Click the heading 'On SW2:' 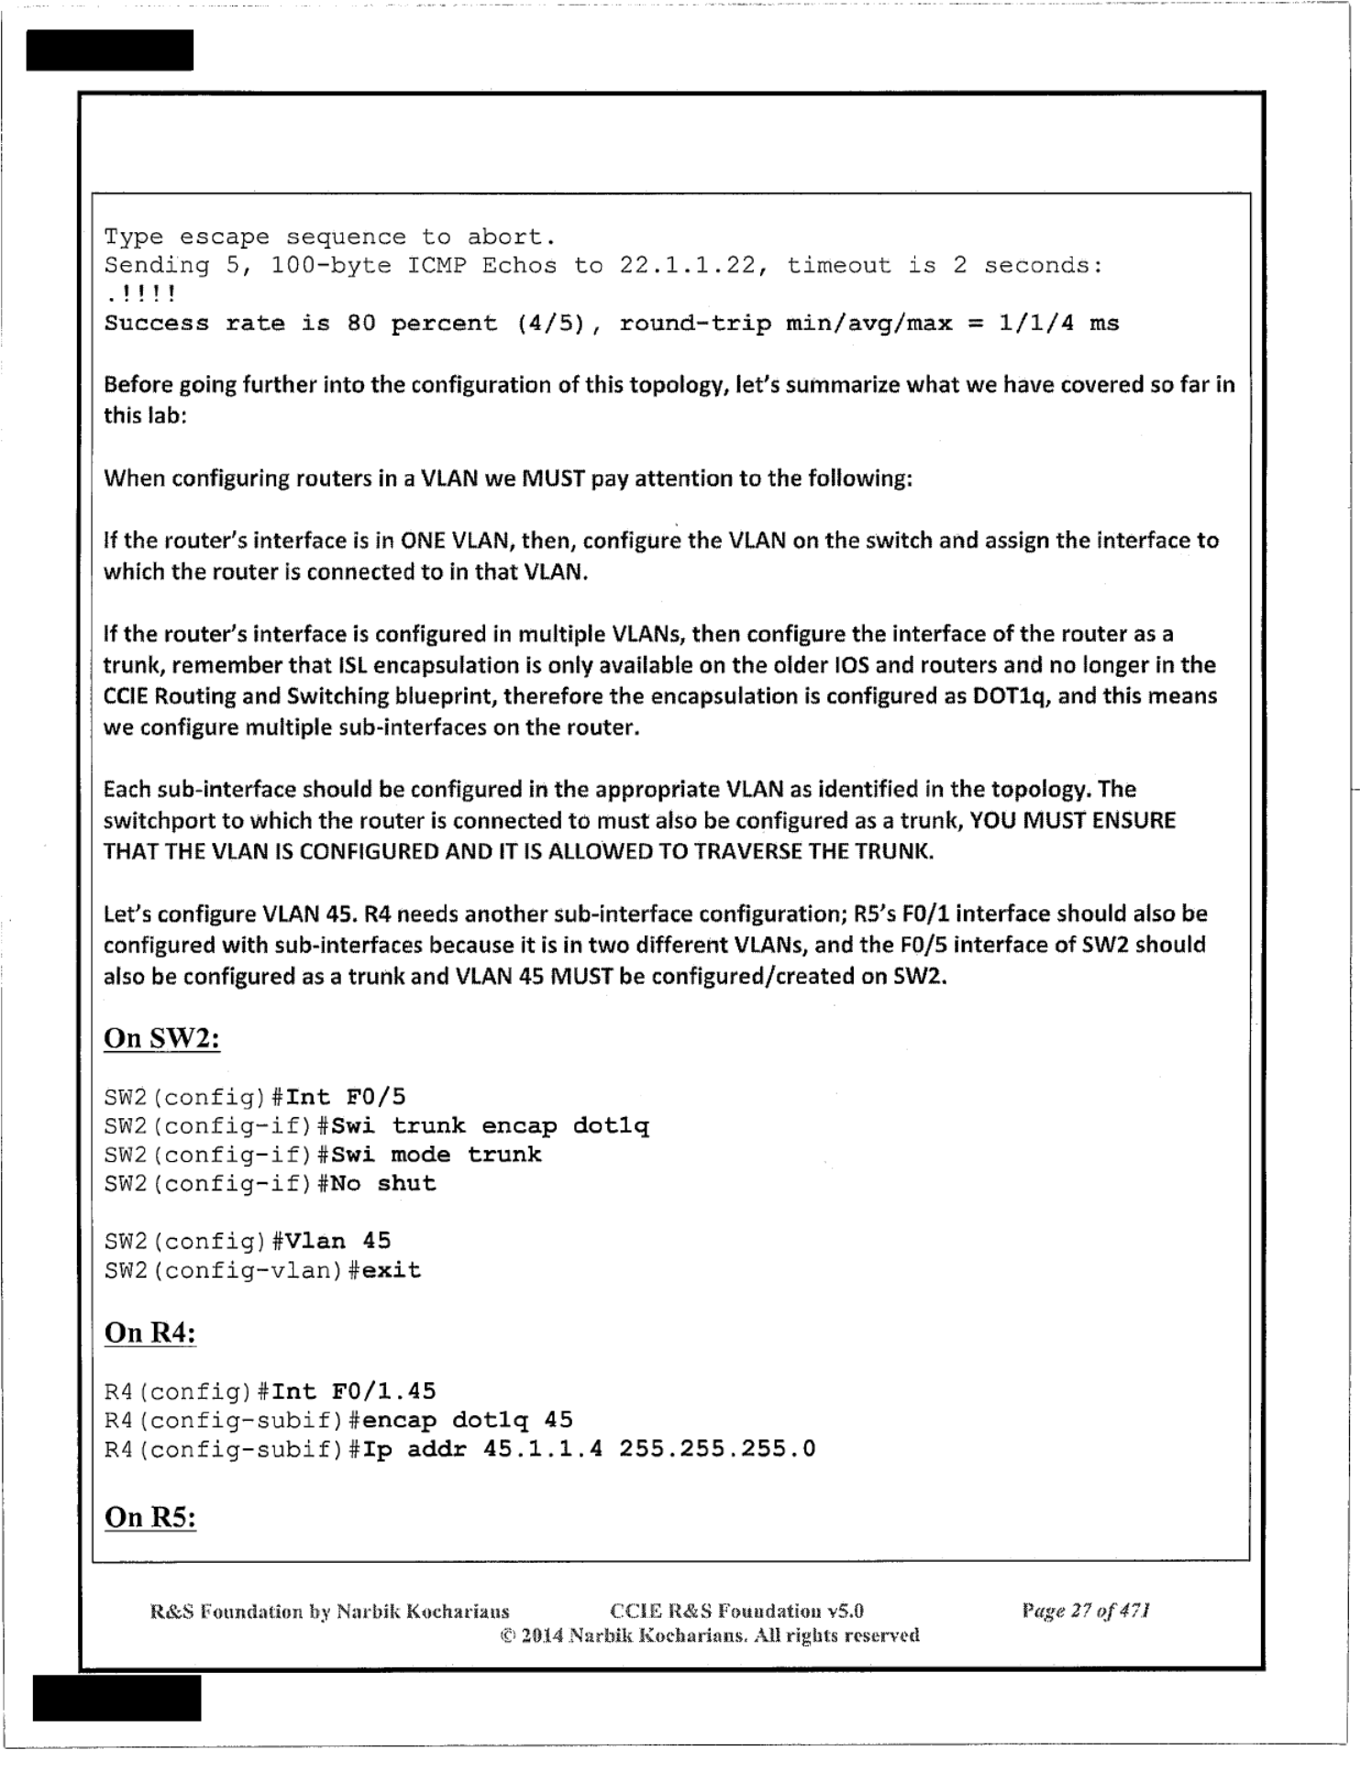pos(161,1038)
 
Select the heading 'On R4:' pos(150,1333)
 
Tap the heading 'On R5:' pos(150,1517)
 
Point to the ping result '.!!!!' pos(140,294)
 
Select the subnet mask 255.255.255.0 pos(717,1449)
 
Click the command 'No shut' pos(383,1184)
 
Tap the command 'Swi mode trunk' pos(437,1155)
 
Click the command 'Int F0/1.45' pos(354,1392)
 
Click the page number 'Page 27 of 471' pos(1086,1611)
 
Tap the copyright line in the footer pos(709,1635)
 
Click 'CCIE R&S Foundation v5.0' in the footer pos(736,1611)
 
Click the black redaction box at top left pos(110,50)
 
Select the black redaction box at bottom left pos(116,1698)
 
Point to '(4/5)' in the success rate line pos(550,324)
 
